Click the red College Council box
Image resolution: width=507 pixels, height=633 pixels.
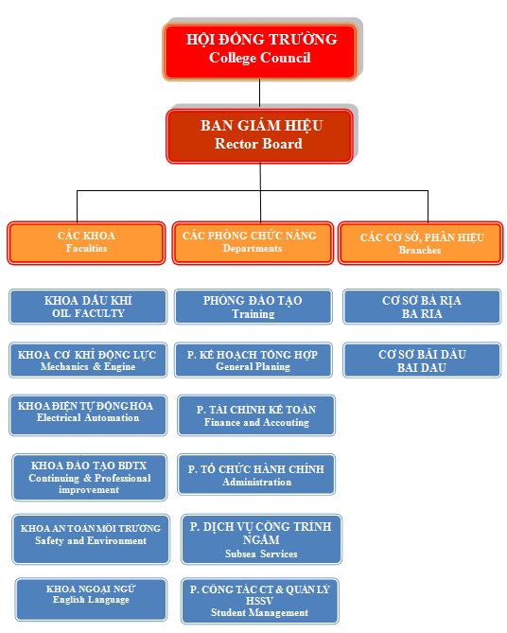[x=260, y=52]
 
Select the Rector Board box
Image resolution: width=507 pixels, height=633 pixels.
[x=259, y=136]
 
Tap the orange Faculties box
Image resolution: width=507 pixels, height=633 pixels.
[x=86, y=242]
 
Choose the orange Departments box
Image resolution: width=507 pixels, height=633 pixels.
[x=253, y=242]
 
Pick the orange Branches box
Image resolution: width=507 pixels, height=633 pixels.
[x=420, y=242]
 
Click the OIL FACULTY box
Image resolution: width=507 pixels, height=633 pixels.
[x=88, y=307]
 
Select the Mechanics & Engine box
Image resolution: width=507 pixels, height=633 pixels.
[x=88, y=360]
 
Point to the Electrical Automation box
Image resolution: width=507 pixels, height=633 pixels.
[x=88, y=415]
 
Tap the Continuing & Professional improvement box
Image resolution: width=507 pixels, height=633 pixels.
[x=89, y=477]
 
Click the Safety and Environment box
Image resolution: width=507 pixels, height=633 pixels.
[x=91, y=539]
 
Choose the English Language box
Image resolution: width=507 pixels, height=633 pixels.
[x=91, y=599]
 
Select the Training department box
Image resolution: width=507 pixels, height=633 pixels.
[x=253, y=307]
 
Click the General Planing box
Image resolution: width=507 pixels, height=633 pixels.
[x=253, y=360]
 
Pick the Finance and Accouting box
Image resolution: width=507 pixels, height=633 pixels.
[x=256, y=415]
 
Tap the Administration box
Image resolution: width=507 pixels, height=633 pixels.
[x=256, y=474]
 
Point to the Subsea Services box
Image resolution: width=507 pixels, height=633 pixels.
[x=262, y=539]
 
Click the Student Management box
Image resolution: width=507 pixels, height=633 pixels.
[x=260, y=601]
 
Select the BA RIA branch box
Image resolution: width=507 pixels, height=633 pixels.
[x=422, y=307]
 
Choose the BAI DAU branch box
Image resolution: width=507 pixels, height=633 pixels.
[x=422, y=360]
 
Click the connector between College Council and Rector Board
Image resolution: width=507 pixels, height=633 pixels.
[x=259, y=94]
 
